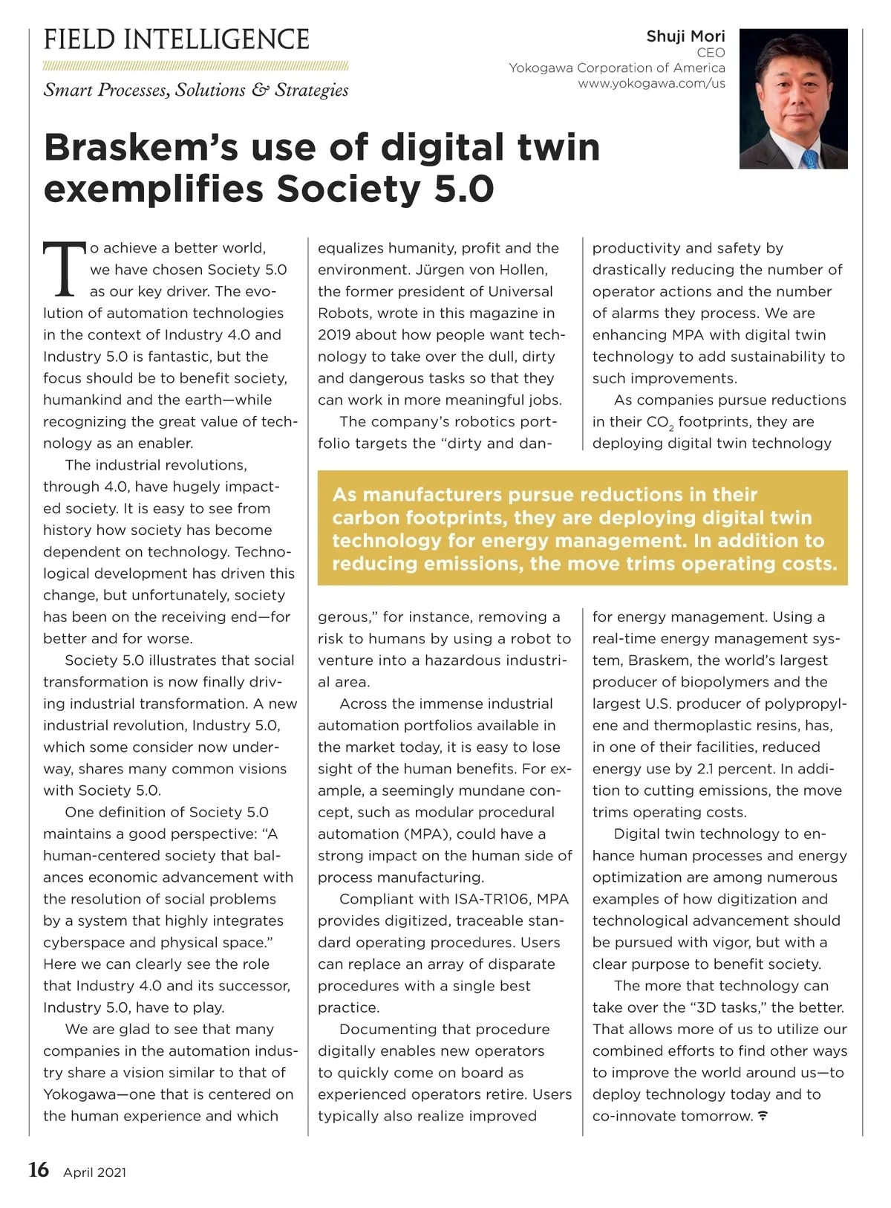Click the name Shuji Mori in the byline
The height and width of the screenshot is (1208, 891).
pyautogui.click(x=685, y=36)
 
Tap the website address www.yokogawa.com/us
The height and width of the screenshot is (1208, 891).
pyautogui.click(x=651, y=83)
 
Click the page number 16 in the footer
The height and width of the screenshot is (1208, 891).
pyautogui.click(x=39, y=1170)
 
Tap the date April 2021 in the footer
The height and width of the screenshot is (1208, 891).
pyautogui.click(x=94, y=1172)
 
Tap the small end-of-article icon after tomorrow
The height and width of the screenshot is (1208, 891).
pyautogui.click(x=763, y=1117)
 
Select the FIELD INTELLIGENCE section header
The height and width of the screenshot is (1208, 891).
pyautogui.click(x=177, y=39)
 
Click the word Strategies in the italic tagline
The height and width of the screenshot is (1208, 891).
pyautogui.click(x=311, y=91)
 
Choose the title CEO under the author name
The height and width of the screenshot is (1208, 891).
pyautogui.click(x=711, y=53)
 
